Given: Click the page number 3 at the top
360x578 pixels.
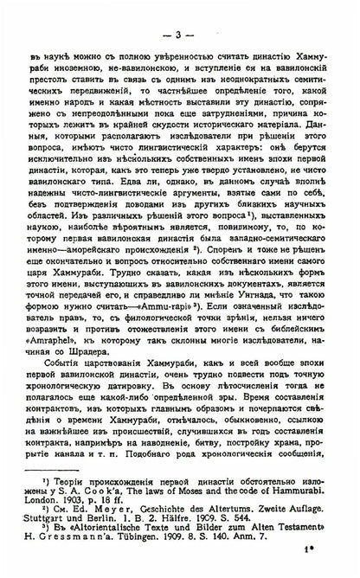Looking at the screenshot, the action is click(x=178, y=10).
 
